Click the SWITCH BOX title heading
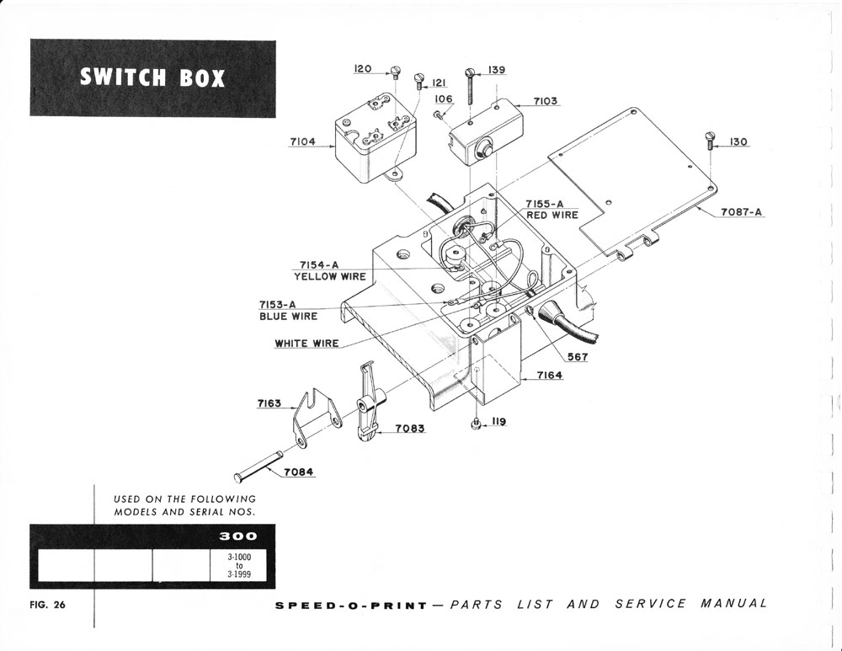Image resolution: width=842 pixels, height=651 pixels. tap(152, 78)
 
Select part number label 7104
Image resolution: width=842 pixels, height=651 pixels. tap(302, 142)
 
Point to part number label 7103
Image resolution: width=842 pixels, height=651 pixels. tap(545, 101)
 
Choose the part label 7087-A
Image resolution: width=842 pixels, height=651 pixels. tap(741, 212)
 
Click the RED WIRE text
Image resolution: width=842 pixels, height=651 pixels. tap(552, 216)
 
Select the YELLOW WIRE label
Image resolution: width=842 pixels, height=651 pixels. tap(329, 276)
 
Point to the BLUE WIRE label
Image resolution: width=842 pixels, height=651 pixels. tap(288, 317)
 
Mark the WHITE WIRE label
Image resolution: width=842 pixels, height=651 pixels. tap(306, 344)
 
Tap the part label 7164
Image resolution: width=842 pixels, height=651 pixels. tap(550, 376)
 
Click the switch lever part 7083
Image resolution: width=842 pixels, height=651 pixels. tap(368, 405)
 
